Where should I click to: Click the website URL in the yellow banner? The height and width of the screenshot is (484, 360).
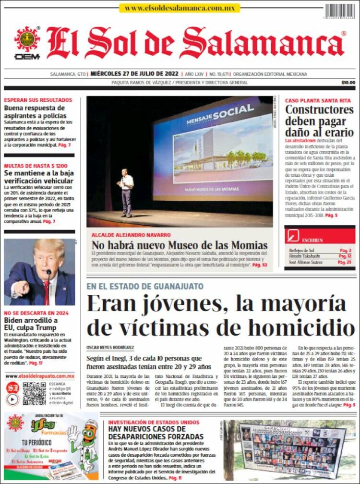pos(179,8)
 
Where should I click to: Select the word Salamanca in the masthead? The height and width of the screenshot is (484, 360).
pos(262,43)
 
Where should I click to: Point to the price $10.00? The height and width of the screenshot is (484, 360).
pos(348,83)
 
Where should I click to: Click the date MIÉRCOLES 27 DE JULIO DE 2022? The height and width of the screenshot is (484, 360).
pos(134,74)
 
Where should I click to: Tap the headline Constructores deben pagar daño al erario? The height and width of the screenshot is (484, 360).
pos(319,121)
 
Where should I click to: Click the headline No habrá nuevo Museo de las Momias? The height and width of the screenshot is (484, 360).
pos(180,245)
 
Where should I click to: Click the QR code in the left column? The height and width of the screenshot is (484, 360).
pos(34,393)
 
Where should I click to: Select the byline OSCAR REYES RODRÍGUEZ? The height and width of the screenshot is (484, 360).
pos(110,347)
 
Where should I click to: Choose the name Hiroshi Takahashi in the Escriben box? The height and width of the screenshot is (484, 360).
pos(303,256)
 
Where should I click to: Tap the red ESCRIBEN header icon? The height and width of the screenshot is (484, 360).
pos(293,236)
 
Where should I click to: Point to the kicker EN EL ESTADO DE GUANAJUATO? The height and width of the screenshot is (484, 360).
pos(144,286)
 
